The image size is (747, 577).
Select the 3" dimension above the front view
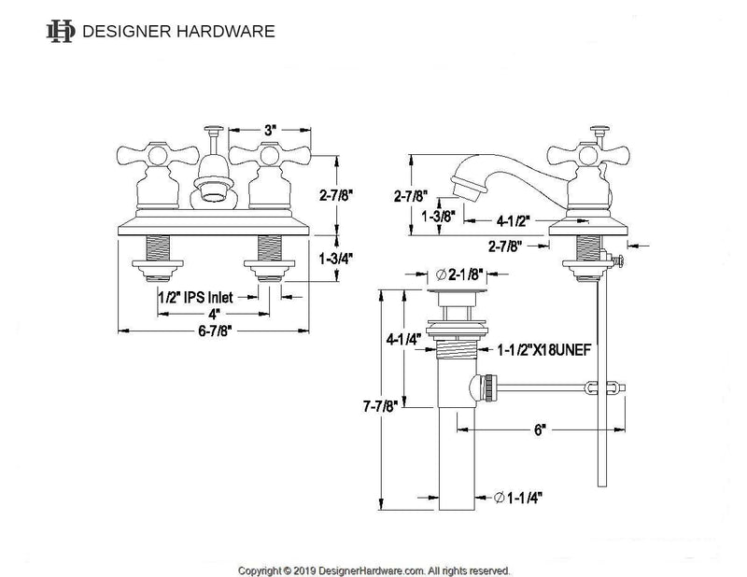coord(270,130)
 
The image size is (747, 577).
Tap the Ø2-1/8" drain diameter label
coord(458,274)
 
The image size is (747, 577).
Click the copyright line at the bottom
coord(374,569)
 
